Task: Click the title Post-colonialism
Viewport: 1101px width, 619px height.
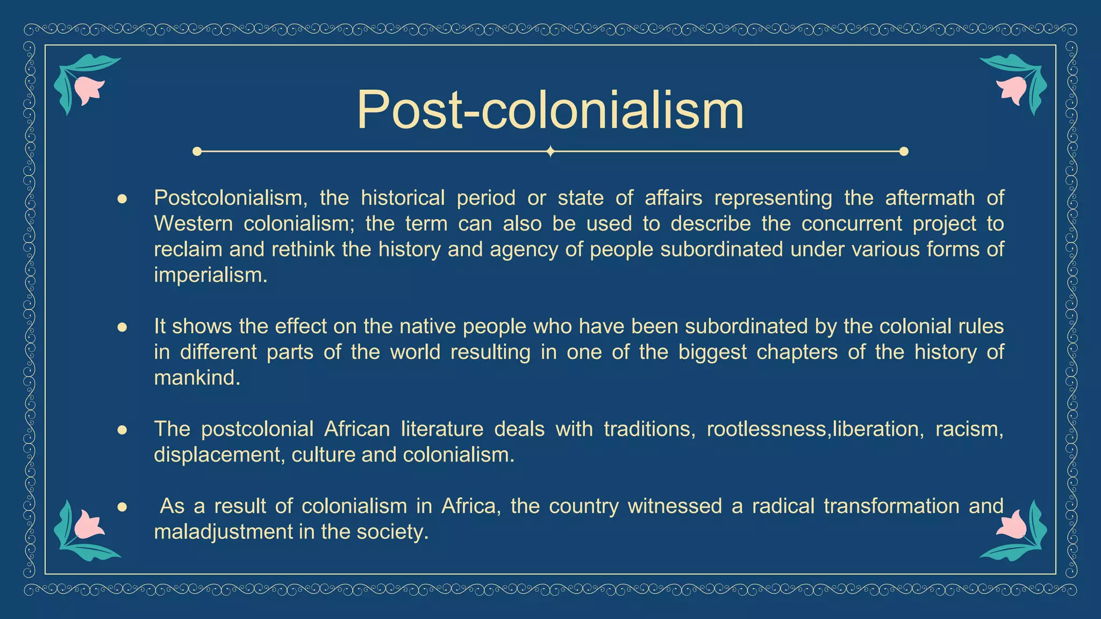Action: (550, 110)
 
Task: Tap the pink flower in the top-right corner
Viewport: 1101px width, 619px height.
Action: (1012, 89)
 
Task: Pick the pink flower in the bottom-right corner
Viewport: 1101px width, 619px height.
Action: (1012, 524)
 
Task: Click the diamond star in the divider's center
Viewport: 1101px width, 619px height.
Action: (550, 152)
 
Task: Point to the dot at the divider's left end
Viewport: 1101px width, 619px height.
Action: (197, 152)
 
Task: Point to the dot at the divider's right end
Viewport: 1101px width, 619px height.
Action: (904, 152)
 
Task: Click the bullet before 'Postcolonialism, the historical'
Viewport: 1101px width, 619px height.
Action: (122, 199)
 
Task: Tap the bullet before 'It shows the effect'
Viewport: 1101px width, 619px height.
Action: (122, 327)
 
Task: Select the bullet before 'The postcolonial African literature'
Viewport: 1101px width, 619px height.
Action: (122, 430)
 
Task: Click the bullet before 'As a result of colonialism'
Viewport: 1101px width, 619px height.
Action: (122, 507)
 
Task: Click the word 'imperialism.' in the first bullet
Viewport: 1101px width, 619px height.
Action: (210, 276)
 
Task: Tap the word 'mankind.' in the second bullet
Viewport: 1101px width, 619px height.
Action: (197, 378)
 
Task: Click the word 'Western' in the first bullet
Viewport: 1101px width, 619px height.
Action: (193, 224)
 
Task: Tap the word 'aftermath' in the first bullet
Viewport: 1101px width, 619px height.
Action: (930, 198)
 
